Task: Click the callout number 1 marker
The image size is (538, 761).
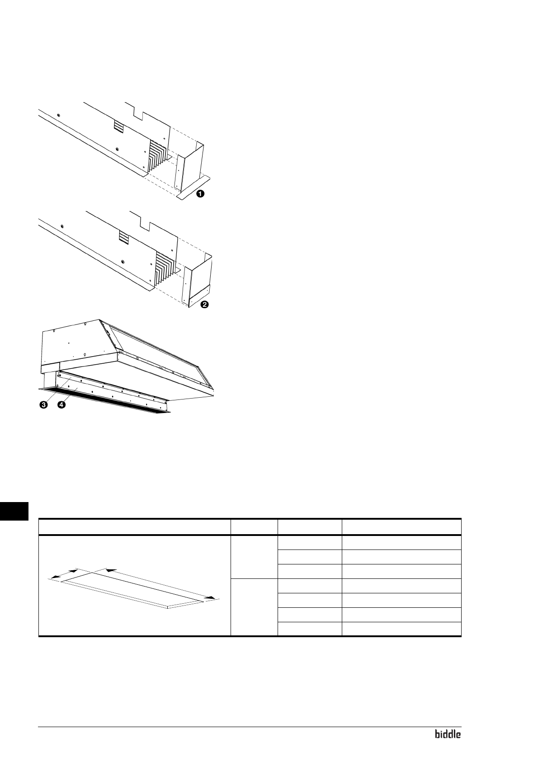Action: pyautogui.click(x=200, y=194)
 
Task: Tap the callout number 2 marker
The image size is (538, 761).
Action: pyautogui.click(x=204, y=305)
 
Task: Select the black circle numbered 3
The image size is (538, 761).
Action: pyautogui.click(x=44, y=405)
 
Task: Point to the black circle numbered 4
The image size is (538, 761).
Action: pyautogui.click(x=61, y=405)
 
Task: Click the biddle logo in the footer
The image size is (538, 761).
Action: pyautogui.click(x=448, y=734)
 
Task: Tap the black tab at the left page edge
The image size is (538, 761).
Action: pyautogui.click(x=14, y=511)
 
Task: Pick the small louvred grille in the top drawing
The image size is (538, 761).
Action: pyautogui.click(x=118, y=127)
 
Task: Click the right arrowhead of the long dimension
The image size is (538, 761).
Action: pyautogui.click(x=209, y=598)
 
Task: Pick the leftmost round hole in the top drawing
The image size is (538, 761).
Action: pyautogui.click(x=58, y=114)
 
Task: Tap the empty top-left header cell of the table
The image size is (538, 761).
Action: pyautogui.click(x=134, y=527)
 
